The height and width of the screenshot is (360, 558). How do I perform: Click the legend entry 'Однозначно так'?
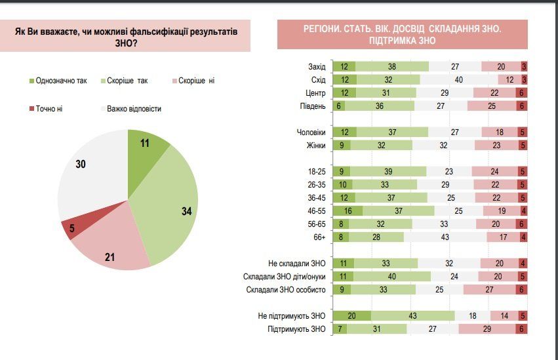[59, 81]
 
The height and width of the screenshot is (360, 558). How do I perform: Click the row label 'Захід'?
[316, 66]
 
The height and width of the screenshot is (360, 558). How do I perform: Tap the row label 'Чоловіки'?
[311, 132]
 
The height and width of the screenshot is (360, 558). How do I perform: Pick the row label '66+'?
[319, 237]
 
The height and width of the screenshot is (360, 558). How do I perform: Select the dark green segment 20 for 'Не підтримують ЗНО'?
[352, 316]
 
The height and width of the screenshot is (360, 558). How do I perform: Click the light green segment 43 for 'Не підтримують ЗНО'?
[412, 316]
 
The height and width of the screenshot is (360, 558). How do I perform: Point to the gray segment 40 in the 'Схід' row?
[459, 79]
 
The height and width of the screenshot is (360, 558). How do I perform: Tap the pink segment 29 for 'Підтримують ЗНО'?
[487, 329]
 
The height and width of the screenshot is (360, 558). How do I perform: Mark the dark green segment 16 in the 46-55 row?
[348, 211]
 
